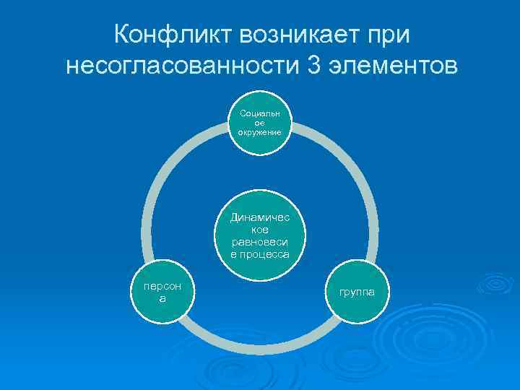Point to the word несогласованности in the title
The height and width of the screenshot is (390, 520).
[181, 66]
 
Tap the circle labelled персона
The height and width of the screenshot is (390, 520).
[162, 292]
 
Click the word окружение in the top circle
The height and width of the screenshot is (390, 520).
[260, 133]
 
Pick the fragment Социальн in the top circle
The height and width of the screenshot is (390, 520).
[260, 113]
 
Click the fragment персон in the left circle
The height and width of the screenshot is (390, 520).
[162, 287]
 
